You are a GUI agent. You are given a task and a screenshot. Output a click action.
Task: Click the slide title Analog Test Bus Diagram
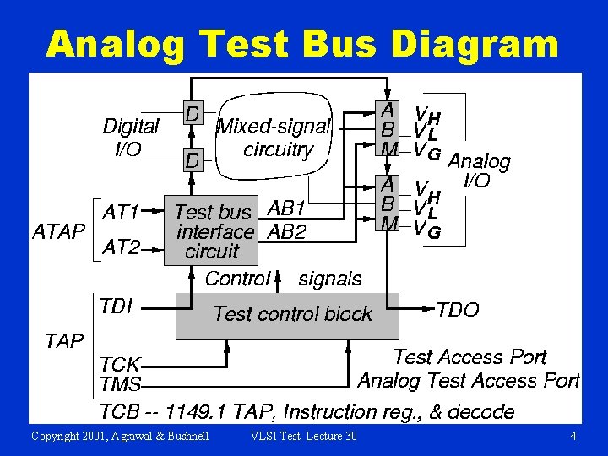[x=302, y=43]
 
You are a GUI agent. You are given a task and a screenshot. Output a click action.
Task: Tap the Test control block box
[x=287, y=314]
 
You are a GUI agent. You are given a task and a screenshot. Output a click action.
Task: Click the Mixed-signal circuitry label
[x=275, y=138]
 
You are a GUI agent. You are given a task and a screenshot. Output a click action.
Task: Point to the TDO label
[x=458, y=310]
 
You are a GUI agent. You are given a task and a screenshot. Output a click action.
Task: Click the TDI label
[x=116, y=306]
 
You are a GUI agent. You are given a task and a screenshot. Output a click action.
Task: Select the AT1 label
[x=121, y=209]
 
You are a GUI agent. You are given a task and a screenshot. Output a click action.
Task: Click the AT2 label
[x=121, y=247]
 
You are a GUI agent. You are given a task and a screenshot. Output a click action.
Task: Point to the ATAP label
[x=58, y=230]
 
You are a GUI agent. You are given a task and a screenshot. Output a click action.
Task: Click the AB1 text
[x=286, y=209]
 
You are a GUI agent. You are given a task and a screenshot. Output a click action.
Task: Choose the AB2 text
[x=286, y=231]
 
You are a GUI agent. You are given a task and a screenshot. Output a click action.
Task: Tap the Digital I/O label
[x=130, y=138]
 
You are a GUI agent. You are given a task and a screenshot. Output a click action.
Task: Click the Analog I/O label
[x=478, y=170]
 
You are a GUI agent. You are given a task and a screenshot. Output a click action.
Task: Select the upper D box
[x=193, y=113]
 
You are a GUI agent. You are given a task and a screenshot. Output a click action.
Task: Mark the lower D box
[x=193, y=159]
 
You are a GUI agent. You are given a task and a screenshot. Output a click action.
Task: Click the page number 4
[x=573, y=436]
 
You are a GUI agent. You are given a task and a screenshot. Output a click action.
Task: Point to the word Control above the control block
[x=238, y=278]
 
